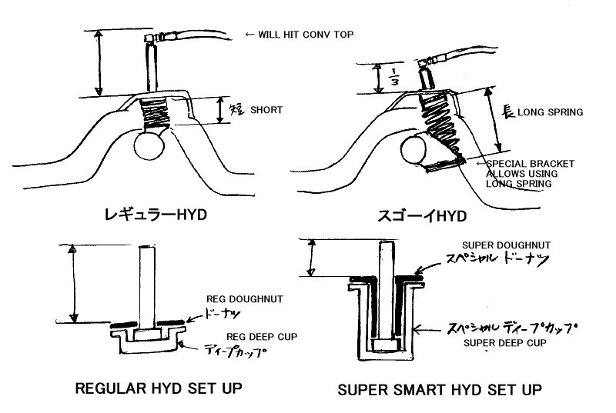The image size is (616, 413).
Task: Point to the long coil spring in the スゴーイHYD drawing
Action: [444, 128]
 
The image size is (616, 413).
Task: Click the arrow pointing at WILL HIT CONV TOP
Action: [249, 34]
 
